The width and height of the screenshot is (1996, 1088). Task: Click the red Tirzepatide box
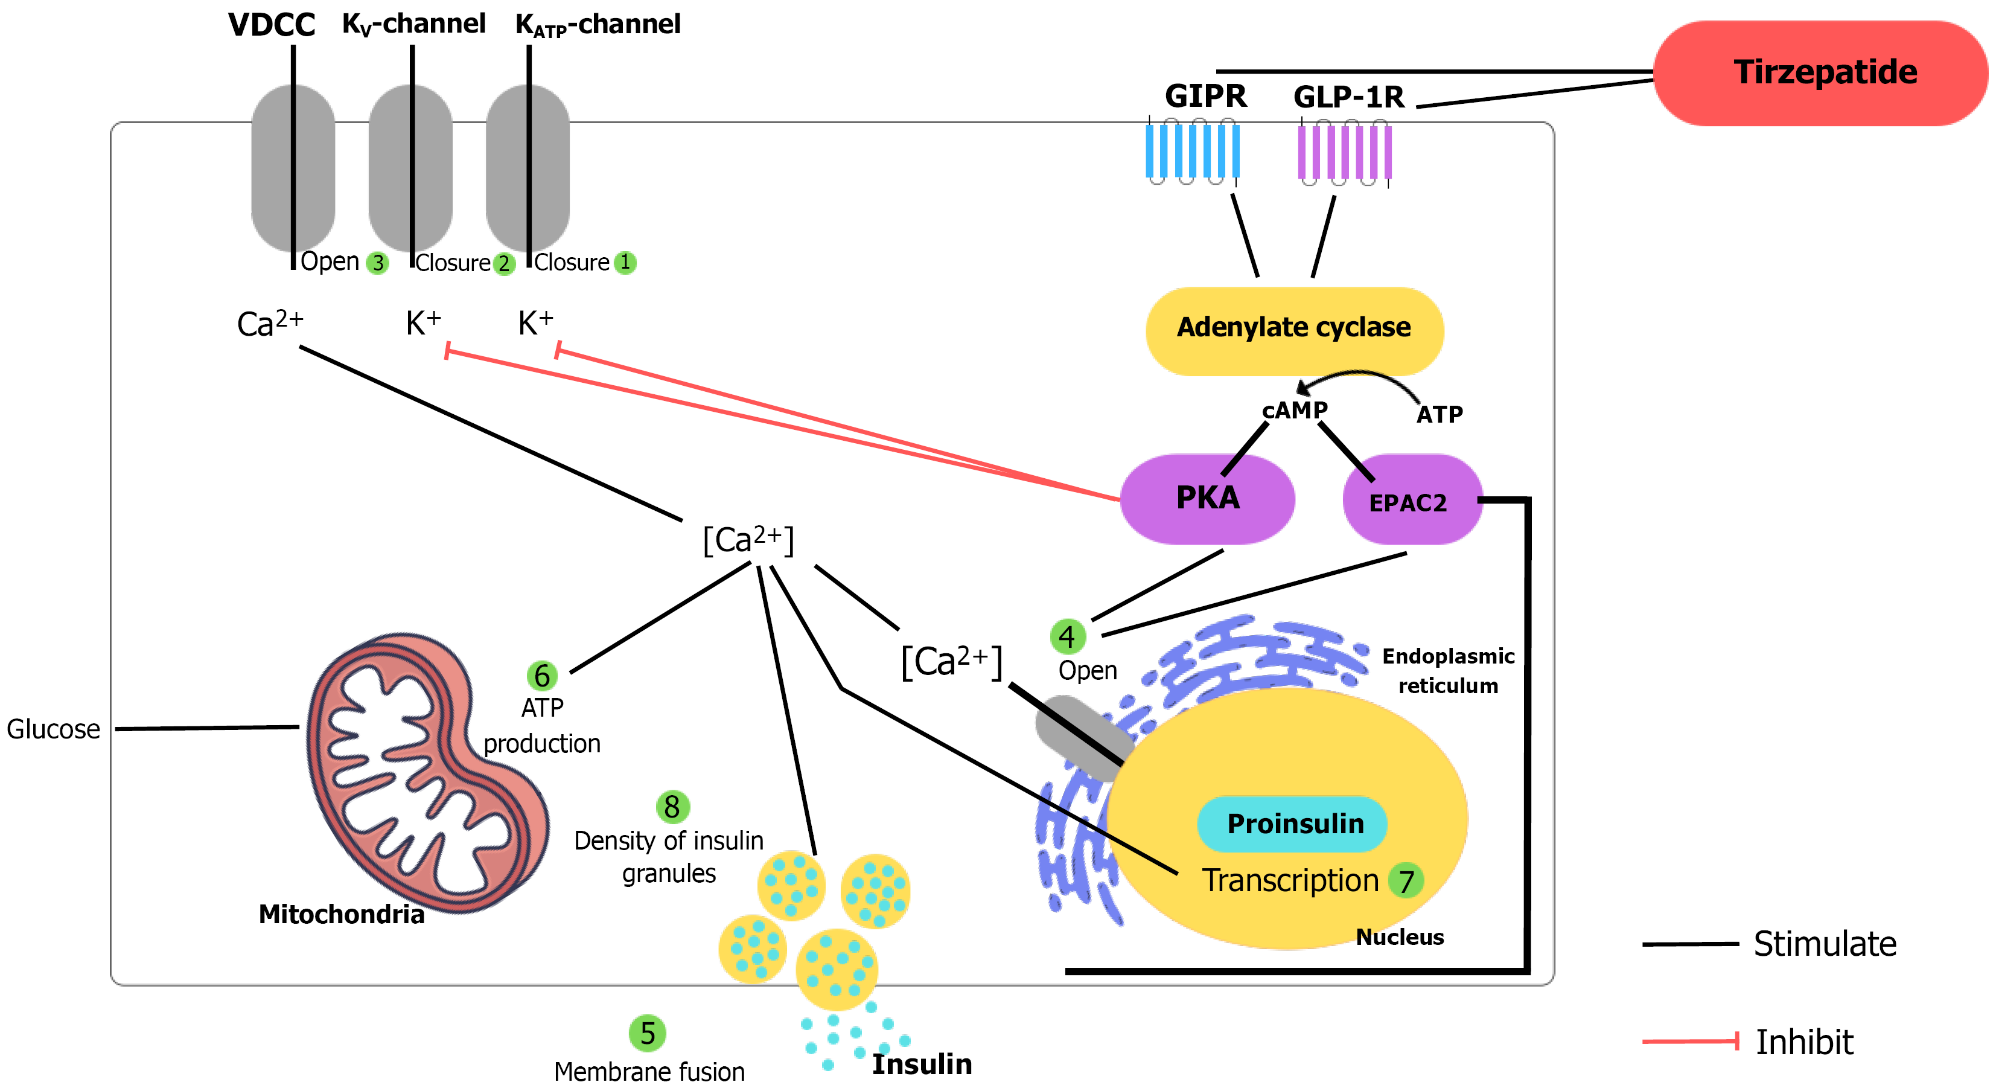coord(1821,73)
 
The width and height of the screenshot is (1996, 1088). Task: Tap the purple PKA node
coord(1207,498)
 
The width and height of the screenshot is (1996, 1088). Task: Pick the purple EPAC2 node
coord(1410,501)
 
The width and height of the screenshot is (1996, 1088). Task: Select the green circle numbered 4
coord(1067,636)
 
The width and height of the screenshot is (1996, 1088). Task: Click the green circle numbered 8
coord(672,807)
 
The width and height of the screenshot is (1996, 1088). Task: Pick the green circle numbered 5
coord(647,1033)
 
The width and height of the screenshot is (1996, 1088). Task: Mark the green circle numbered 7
coord(1406,881)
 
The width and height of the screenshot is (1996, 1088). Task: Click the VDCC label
coord(271,25)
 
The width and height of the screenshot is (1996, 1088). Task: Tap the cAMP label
coord(1294,410)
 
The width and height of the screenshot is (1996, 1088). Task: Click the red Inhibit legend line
coord(1690,1042)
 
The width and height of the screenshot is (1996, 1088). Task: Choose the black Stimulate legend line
coord(1690,944)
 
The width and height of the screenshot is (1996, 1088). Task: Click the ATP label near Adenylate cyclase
coord(1440,415)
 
